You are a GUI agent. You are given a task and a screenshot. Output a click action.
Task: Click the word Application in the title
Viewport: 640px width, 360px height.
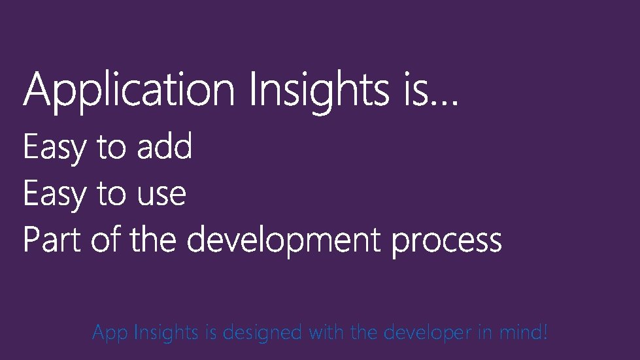click(x=129, y=91)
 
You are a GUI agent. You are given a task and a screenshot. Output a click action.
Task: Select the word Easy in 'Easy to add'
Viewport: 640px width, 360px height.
click(x=54, y=148)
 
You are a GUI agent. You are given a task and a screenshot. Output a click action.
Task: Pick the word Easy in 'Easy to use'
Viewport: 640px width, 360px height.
click(x=54, y=195)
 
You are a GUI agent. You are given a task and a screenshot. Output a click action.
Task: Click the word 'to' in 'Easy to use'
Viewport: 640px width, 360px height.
click(x=111, y=195)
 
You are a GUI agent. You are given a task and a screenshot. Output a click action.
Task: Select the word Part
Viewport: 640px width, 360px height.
click(x=51, y=240)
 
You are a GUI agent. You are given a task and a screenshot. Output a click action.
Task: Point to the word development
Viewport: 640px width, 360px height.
click(x=283, y=241)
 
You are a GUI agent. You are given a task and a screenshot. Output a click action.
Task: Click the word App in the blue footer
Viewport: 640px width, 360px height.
click(x=110, y=334)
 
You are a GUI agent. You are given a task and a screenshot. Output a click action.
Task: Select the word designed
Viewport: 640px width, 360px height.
click(x=262, y=333)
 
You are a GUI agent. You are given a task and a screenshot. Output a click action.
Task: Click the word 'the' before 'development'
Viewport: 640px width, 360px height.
click(x=153, y=240)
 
